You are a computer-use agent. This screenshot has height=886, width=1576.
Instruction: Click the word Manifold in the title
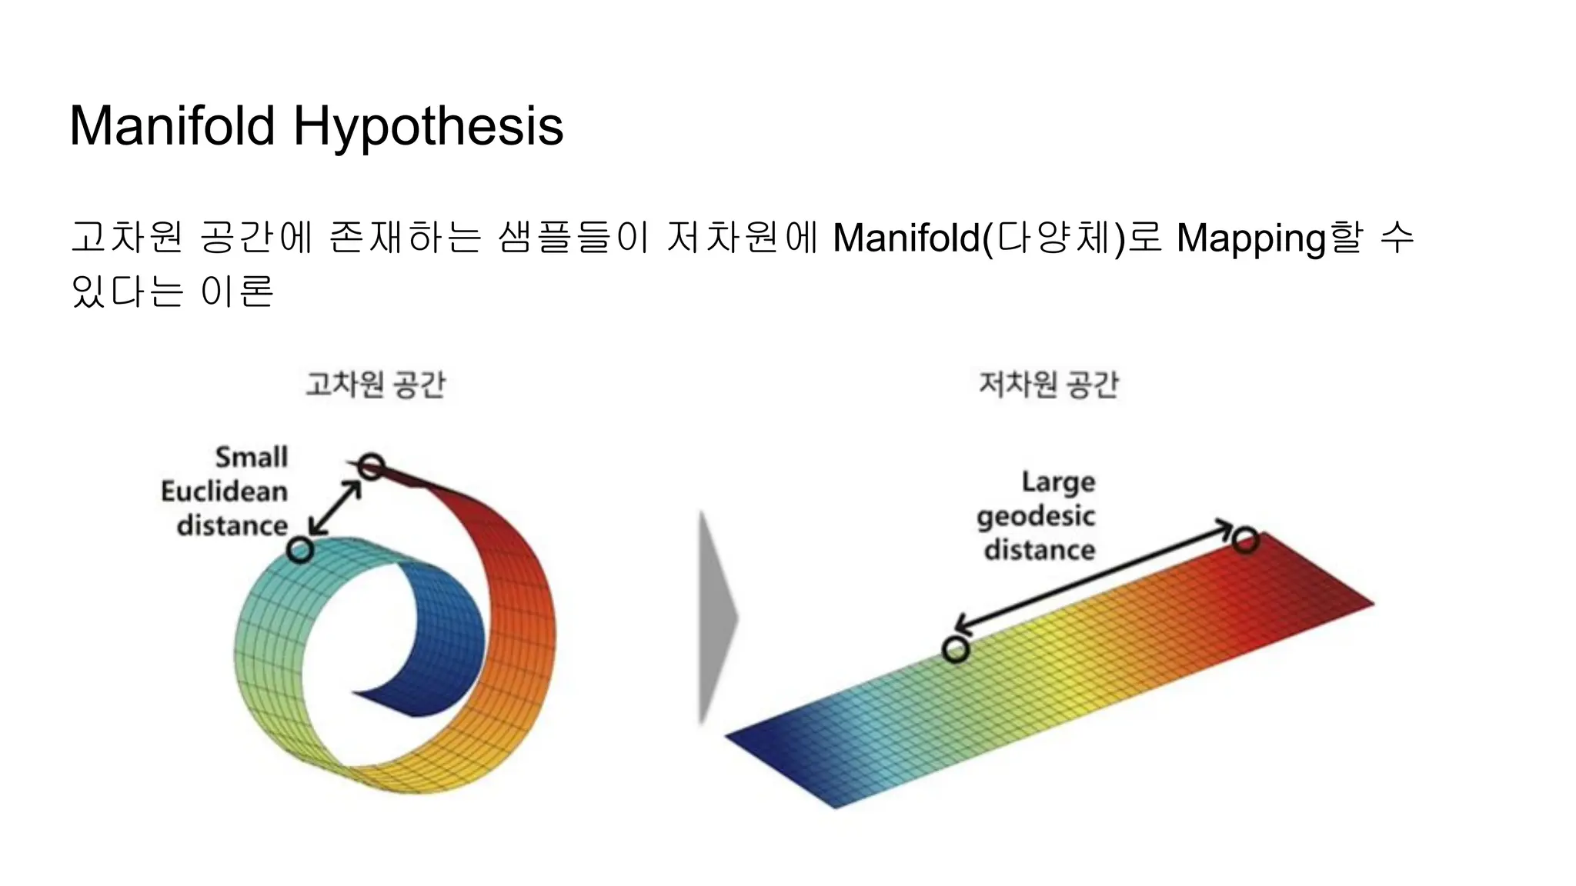172,125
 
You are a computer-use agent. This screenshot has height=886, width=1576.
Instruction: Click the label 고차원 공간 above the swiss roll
376,384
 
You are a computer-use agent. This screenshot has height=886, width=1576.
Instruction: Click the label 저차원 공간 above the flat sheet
1048,384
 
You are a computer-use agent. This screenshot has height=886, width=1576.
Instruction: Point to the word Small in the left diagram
251,457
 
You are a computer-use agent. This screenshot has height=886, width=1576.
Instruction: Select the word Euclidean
224,491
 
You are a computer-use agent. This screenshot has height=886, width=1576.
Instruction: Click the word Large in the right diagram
1058,483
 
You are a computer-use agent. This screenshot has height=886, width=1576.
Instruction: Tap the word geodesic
1036,517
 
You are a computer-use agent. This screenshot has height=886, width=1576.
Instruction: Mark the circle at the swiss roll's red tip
371,466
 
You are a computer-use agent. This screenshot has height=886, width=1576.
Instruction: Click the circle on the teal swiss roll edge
299,550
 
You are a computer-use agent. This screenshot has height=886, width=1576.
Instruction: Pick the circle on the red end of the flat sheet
1244,540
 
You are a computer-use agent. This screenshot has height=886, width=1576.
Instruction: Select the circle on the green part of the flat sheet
956,650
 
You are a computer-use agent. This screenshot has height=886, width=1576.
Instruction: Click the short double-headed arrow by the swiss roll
336,508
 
